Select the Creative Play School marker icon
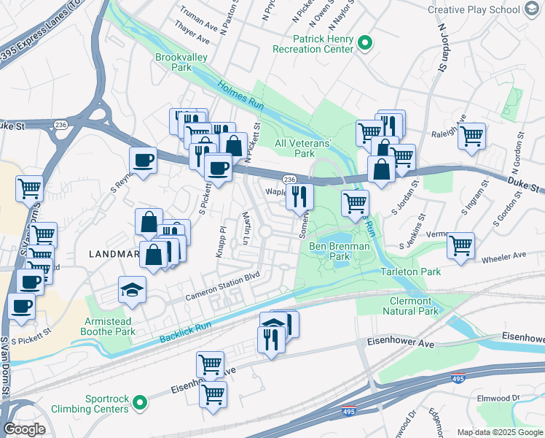click(532, 9)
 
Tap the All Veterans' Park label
click(304, 148)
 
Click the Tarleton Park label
click(411, 272)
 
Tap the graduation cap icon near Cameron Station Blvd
click(132, 291)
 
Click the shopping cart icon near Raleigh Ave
click(472, 135)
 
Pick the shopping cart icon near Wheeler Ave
click(460, 245)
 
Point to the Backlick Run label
click(186, 331)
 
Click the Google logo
click(25, 429)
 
